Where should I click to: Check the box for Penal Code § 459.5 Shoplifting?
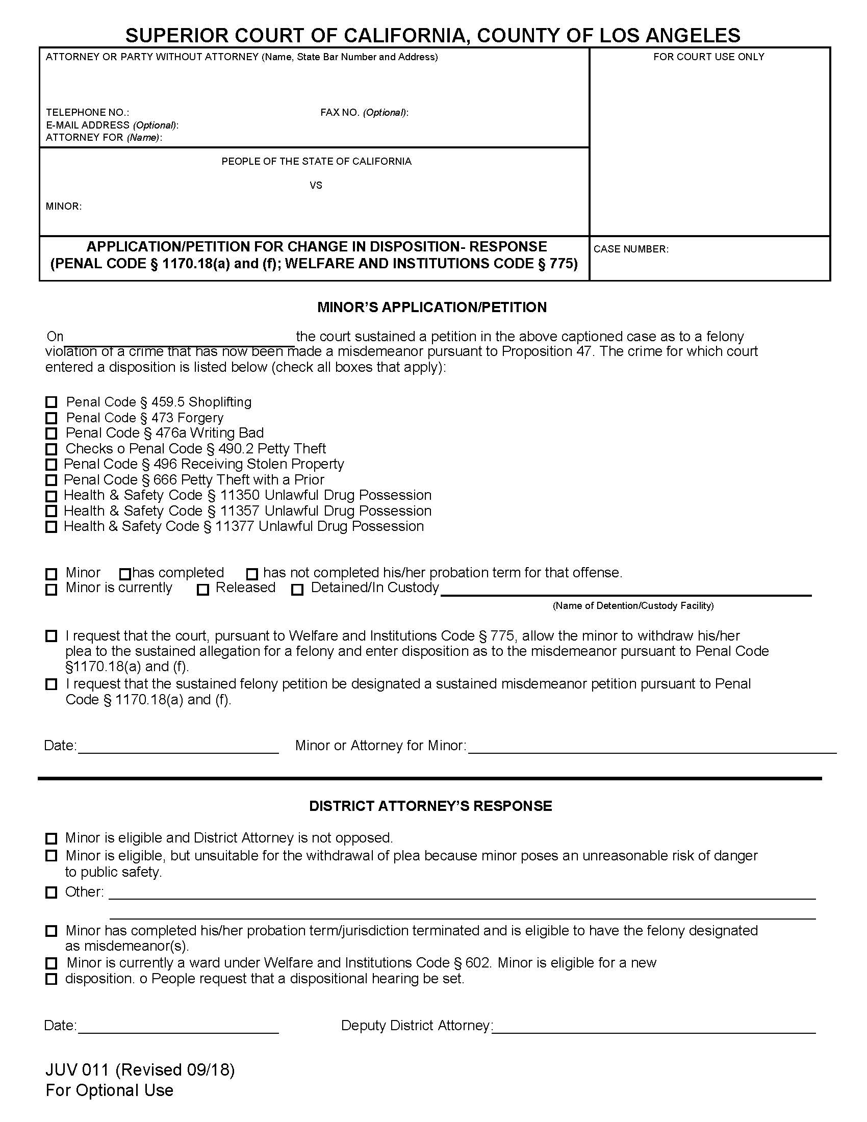[52, 402]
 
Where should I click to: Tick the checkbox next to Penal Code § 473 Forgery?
[52, 418]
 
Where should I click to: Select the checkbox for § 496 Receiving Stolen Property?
[52, 465]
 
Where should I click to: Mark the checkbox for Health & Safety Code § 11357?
[52, 511]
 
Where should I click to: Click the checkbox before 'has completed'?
[125, 573]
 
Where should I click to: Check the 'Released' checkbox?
[203, 589]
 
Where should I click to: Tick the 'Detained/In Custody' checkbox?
[297, 589]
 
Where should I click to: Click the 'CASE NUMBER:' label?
[631, 249]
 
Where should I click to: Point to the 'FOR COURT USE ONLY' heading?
[708, 57]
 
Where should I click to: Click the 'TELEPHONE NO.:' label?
[87, 112]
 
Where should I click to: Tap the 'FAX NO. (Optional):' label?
[364, 112]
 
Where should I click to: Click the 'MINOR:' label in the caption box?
[64, 207]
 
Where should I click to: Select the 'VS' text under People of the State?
[316, 185]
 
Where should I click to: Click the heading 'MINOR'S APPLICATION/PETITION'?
[431, 307]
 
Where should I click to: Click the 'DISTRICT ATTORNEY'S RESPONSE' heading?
[430, 805]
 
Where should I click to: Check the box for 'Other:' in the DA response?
[52, 892]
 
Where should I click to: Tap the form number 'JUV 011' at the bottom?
[77, 1070]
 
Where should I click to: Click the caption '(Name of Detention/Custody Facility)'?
[633, 606]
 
